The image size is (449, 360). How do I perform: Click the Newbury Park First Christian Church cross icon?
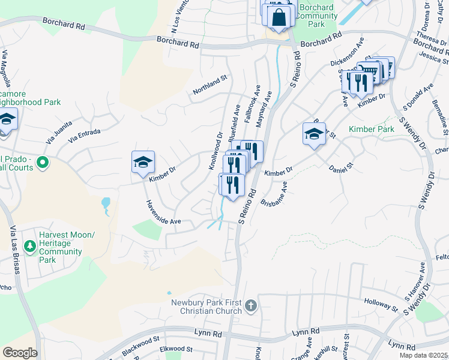point(252,307)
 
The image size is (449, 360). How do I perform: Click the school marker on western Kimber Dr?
point(143,163)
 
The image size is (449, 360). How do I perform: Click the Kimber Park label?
point(371,129)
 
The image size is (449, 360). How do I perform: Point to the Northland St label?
point(210,85)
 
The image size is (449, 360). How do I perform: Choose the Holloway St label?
point(381,304)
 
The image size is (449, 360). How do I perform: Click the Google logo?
point(20,352)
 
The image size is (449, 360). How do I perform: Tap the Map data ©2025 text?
point(423,355)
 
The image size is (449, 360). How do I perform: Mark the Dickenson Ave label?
point(348,54)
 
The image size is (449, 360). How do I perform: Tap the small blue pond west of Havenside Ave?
point(106,205)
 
